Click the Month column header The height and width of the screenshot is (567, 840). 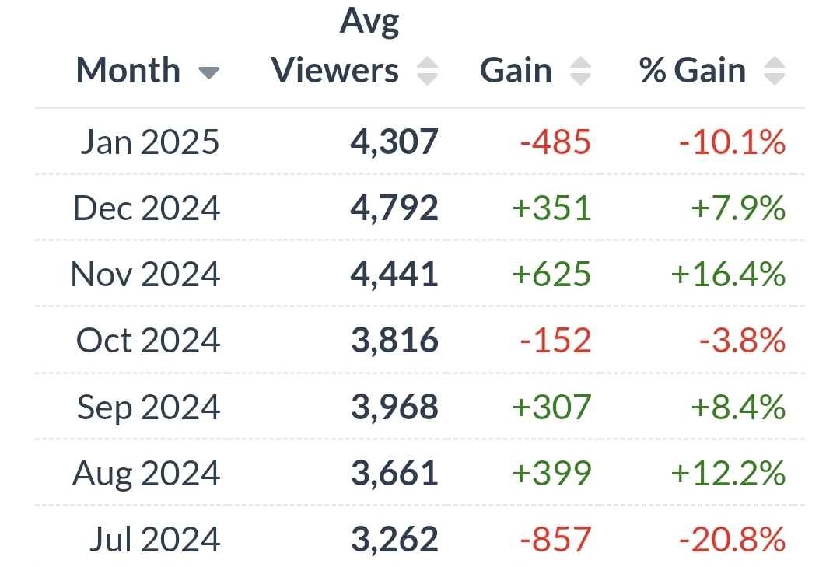click(x=128, y=71)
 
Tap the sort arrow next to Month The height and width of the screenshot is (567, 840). click(x=208, y=73)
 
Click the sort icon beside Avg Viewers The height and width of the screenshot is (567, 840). click(x=427, y=72)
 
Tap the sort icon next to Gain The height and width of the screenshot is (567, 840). click(x=580, y=72)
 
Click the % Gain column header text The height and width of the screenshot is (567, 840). click(x=692, y=71)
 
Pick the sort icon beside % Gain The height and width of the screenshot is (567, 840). click(x=774, y=72)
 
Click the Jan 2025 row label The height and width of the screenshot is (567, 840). click(x=149, y=142)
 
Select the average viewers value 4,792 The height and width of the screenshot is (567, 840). click(x=394, y=208)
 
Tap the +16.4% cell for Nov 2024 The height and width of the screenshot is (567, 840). click(x=728, y=275)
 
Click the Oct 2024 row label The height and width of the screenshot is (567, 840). click(x=148, y=341)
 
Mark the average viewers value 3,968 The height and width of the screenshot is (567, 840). click(x=394, y=407)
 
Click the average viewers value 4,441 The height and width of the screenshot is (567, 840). click(x=394, y=275)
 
